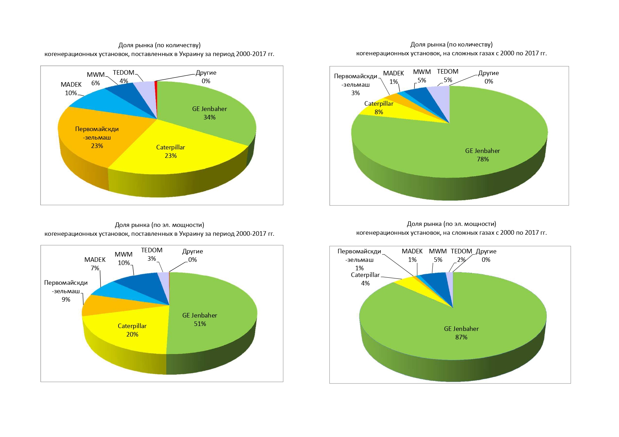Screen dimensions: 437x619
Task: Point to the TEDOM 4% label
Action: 123,76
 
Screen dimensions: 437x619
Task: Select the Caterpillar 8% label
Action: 378,108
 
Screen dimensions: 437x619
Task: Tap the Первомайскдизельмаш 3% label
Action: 356,85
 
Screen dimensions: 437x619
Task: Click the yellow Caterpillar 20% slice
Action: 132,330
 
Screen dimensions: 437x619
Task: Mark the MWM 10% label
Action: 123,259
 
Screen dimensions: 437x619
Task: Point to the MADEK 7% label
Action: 95,264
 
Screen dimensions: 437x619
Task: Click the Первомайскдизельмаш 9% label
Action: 66,291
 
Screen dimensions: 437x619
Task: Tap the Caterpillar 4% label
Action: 365,279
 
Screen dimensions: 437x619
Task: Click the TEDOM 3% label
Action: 152,254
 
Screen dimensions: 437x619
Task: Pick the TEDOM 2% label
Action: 461,255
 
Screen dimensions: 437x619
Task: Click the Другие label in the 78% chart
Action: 488,77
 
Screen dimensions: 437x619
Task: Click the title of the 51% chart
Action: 159,229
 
